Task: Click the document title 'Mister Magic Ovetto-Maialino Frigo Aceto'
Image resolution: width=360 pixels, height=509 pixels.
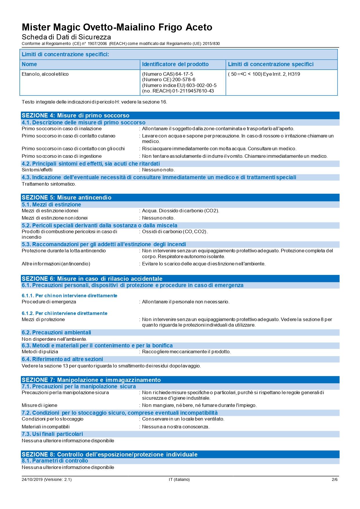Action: [117, 27]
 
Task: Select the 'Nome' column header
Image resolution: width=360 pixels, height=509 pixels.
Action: [29, 64]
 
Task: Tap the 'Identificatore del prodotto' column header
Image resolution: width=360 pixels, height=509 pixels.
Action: [175, 64]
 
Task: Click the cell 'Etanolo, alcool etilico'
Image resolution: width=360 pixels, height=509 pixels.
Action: [45, 74]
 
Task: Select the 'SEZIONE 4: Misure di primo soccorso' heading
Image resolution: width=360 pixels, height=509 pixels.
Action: [75, 115]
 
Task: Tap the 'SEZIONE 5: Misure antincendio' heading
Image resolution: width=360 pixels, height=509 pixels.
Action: [66, 198]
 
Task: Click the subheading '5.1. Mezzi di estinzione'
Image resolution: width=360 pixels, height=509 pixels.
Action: [51, 204]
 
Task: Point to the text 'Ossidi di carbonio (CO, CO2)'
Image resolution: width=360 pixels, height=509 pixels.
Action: [175, 231]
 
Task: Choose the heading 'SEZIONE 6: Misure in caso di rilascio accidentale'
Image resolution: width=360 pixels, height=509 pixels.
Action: [92, 279]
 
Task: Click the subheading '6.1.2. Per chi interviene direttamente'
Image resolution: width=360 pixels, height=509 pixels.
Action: [64, 313]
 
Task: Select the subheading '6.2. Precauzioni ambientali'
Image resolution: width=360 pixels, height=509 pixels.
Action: [56, 332]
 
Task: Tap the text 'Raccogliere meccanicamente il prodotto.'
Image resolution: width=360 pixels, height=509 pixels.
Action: [186, 352]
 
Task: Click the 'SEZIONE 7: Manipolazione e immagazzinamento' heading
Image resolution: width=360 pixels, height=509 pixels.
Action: [91, 380]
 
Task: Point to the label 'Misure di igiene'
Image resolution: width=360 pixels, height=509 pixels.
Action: [39, 405]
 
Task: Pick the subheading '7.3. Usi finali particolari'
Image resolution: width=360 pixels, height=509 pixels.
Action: [52, 434]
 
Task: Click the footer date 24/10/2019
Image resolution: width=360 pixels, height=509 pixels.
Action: [32, 479]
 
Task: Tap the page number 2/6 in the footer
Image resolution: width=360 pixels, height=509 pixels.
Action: [334, 479]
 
